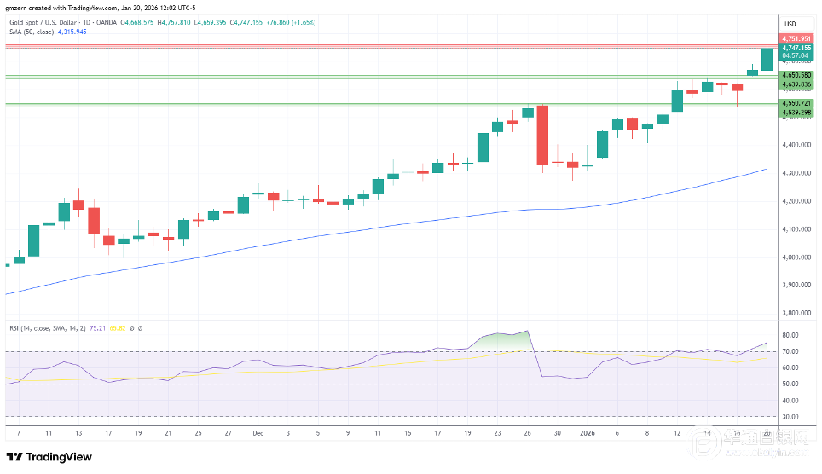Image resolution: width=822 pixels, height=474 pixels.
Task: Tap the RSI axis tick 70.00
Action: coord(790,351)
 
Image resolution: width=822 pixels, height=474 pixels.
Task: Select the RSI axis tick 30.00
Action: coord(790,417)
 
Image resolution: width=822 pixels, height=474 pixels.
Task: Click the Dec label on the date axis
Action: coord(258,433)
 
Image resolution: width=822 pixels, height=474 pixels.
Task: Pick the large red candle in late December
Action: coord(541,135)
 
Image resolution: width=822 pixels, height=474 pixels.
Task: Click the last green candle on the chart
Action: coord(767,59)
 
